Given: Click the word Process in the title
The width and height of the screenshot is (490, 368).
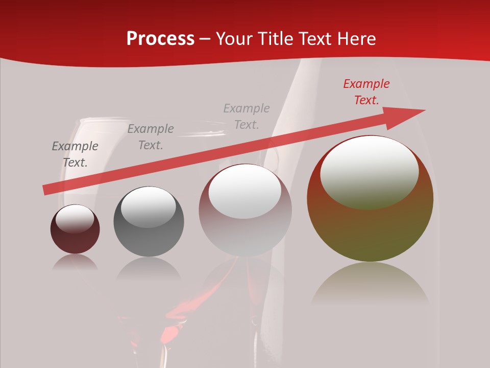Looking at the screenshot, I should click(x=160, y=38).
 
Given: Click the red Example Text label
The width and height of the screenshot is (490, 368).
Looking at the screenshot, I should click(x=366, y=92).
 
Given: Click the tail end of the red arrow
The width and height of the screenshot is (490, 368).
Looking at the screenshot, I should click(x=46, y=190).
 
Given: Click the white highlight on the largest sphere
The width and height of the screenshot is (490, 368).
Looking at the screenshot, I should click(x=370, y=171).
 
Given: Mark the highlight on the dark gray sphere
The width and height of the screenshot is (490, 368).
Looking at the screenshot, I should click(x=149, y=206).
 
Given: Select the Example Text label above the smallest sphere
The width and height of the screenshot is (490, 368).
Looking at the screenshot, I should click(x=75, y=154).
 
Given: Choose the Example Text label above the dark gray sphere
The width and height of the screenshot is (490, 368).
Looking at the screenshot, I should click(x=151, y=137).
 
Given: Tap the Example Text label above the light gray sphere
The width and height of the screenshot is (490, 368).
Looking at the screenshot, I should click(x=247, y=117).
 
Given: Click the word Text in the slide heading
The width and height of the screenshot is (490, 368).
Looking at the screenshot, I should click(x=316, y=38).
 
